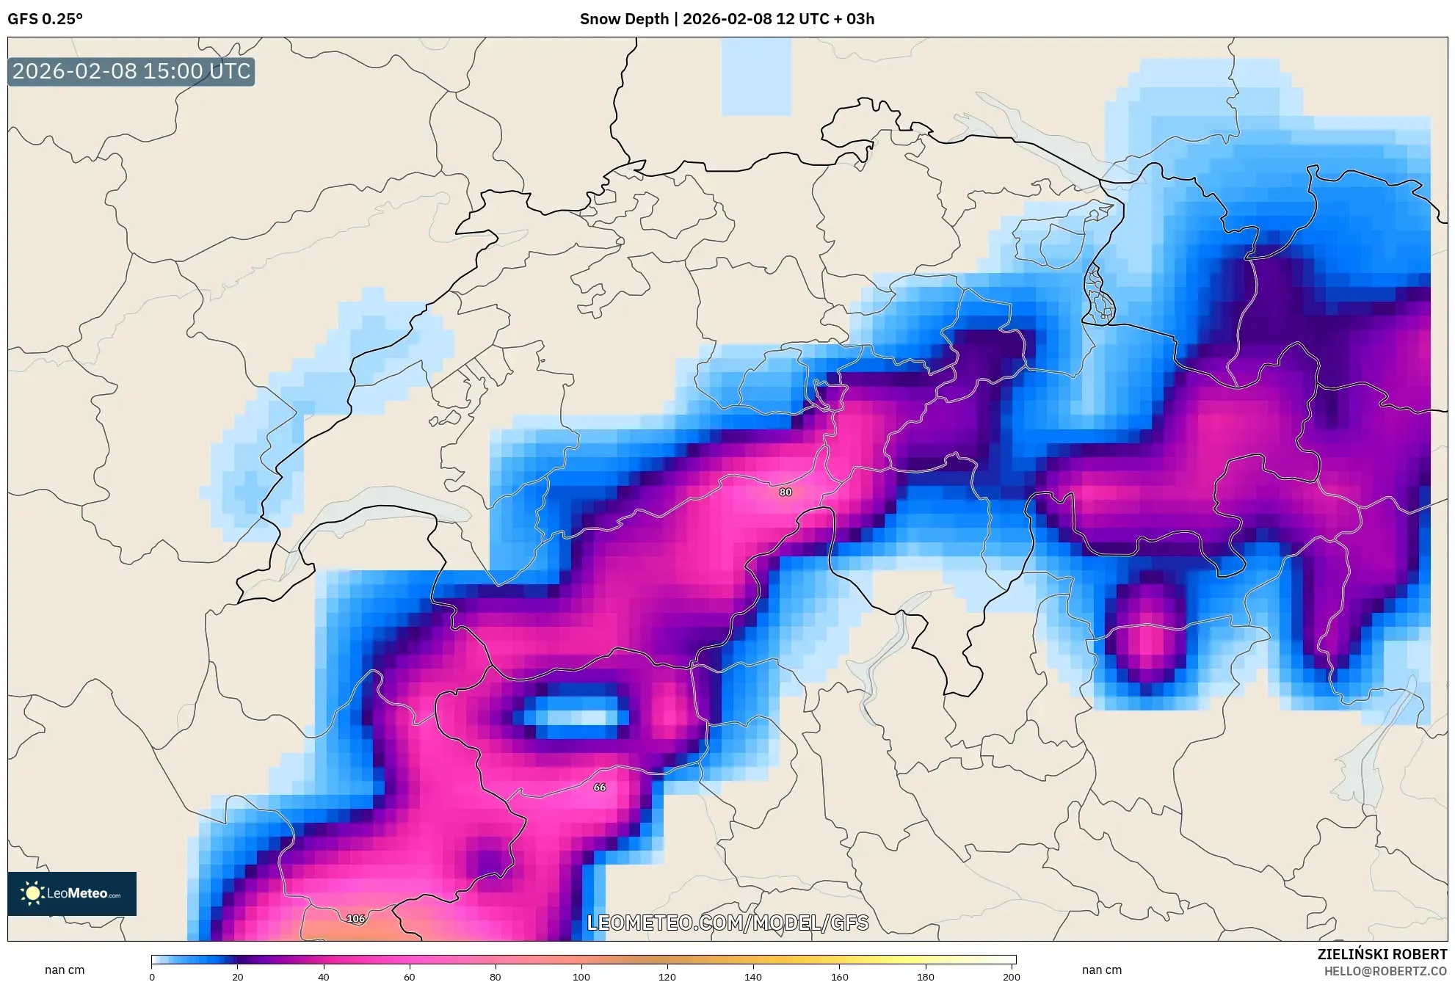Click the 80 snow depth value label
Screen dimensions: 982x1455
pos(785,492)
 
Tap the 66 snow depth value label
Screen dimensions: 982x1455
pos(600,787)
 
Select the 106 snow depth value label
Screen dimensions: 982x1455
pos(356,918)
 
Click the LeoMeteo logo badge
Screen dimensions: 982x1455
pos(72,893)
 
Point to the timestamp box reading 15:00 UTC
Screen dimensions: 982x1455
pos(131,71)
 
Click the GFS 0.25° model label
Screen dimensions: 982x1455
pos(45,19)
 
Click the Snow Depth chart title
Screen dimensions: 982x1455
pos(727,19)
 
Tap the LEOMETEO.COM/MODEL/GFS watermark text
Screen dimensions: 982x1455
pos(727,923)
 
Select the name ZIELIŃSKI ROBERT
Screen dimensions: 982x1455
pos(1382,954)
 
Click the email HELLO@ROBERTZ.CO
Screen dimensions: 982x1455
pos(1385,971)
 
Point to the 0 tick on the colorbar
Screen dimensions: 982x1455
pos(152,976)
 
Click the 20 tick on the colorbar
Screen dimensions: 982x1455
pos(237,976)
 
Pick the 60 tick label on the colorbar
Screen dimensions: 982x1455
pos(410,976)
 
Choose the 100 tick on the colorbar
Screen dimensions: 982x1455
pos(581,976)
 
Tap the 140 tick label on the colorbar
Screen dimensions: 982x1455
pos(753,976)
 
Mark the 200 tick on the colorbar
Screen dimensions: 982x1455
pos(1012,976)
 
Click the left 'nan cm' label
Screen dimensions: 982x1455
pos(65,970)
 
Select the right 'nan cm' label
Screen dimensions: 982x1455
pos(1101,970)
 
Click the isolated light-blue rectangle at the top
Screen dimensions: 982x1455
pos(756,77)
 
